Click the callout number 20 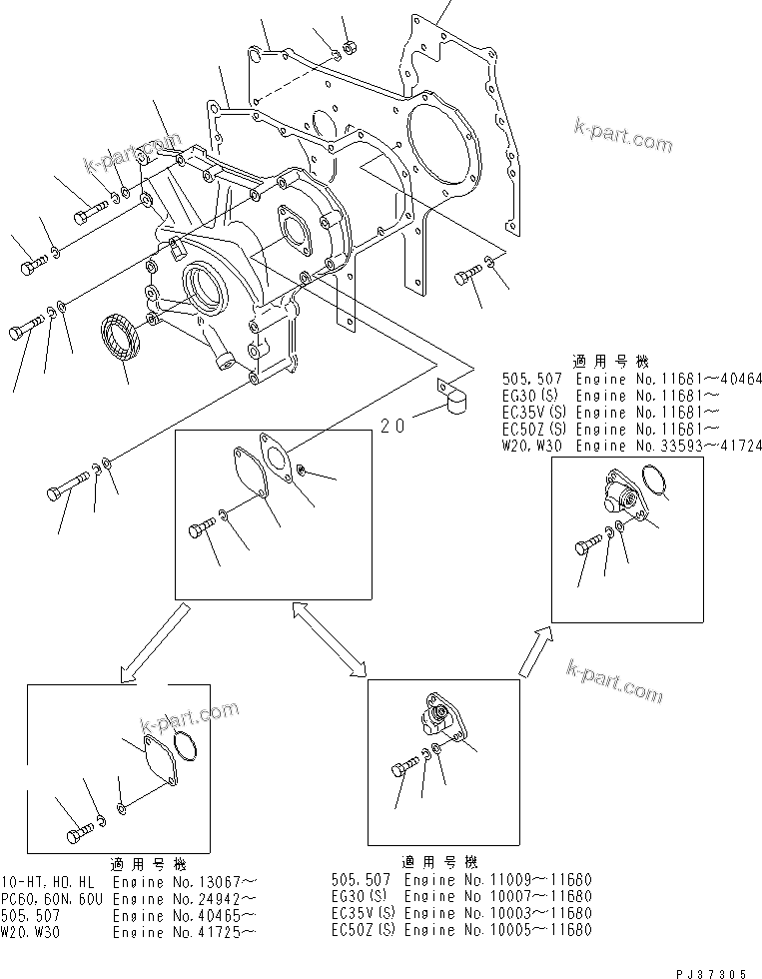point(392,426)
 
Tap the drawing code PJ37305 point(710,969)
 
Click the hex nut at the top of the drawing point(349,46)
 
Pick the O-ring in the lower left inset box point(185,745)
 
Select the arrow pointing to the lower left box point(152,645)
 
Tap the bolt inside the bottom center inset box point(402,770)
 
